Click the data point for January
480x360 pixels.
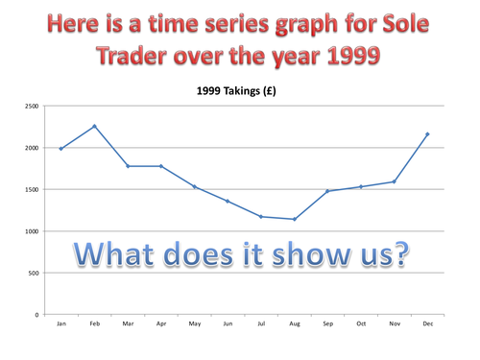(x=60, y=149)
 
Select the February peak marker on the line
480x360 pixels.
(x=94, y=126)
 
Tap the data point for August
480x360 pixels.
(x=294, y=219)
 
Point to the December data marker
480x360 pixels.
(x=427, y=134)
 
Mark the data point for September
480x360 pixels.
(x=327, y=191)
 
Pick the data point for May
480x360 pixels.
(x=194, y=186)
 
